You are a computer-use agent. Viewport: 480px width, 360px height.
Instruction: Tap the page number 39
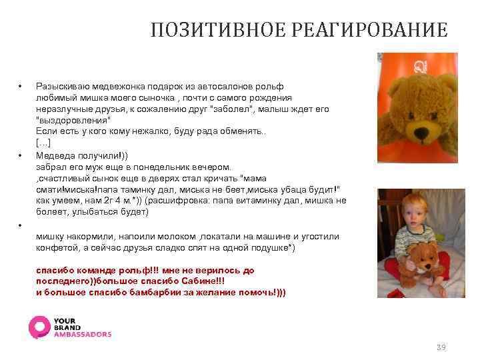440,347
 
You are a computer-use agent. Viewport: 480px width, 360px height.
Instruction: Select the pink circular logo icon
39,327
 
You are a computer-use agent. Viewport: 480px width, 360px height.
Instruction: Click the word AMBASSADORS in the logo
83,335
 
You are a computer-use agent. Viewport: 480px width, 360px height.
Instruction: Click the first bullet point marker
21,87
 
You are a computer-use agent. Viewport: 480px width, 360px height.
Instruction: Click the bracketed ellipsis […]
43,143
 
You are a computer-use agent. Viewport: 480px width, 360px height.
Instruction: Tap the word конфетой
55,247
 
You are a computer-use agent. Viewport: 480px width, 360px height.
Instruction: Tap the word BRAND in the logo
68,328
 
